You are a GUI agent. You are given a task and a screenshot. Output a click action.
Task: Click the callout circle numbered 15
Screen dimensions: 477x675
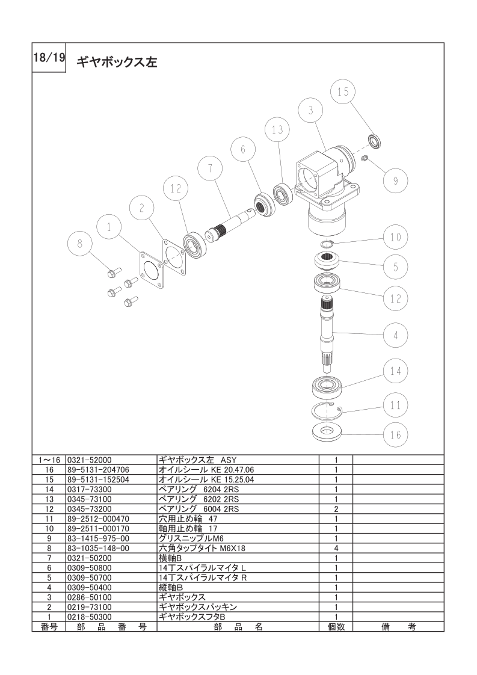[x=343, y=91]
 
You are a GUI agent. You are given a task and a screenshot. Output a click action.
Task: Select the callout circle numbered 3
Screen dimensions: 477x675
[x=311, y=110]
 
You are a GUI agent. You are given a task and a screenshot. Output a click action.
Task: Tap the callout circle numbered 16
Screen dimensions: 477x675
[x=396, y=435]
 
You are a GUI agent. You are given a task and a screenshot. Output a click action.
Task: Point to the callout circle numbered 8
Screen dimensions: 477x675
[x=79, y=244]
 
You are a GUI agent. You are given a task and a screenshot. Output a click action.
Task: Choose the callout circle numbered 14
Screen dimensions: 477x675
[x=396, y=371]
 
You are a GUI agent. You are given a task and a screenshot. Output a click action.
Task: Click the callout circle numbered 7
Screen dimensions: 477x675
[x=210, y=168]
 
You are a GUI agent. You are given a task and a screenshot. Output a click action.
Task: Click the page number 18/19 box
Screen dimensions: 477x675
[x=49, y=58]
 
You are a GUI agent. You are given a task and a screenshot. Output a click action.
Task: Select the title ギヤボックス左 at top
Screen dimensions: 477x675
[x=117, y=63]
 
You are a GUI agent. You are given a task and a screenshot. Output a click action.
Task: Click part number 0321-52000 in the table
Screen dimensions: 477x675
[x=89, y=460]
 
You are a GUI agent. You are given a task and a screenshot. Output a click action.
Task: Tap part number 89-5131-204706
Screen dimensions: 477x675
[x=98, y=470]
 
